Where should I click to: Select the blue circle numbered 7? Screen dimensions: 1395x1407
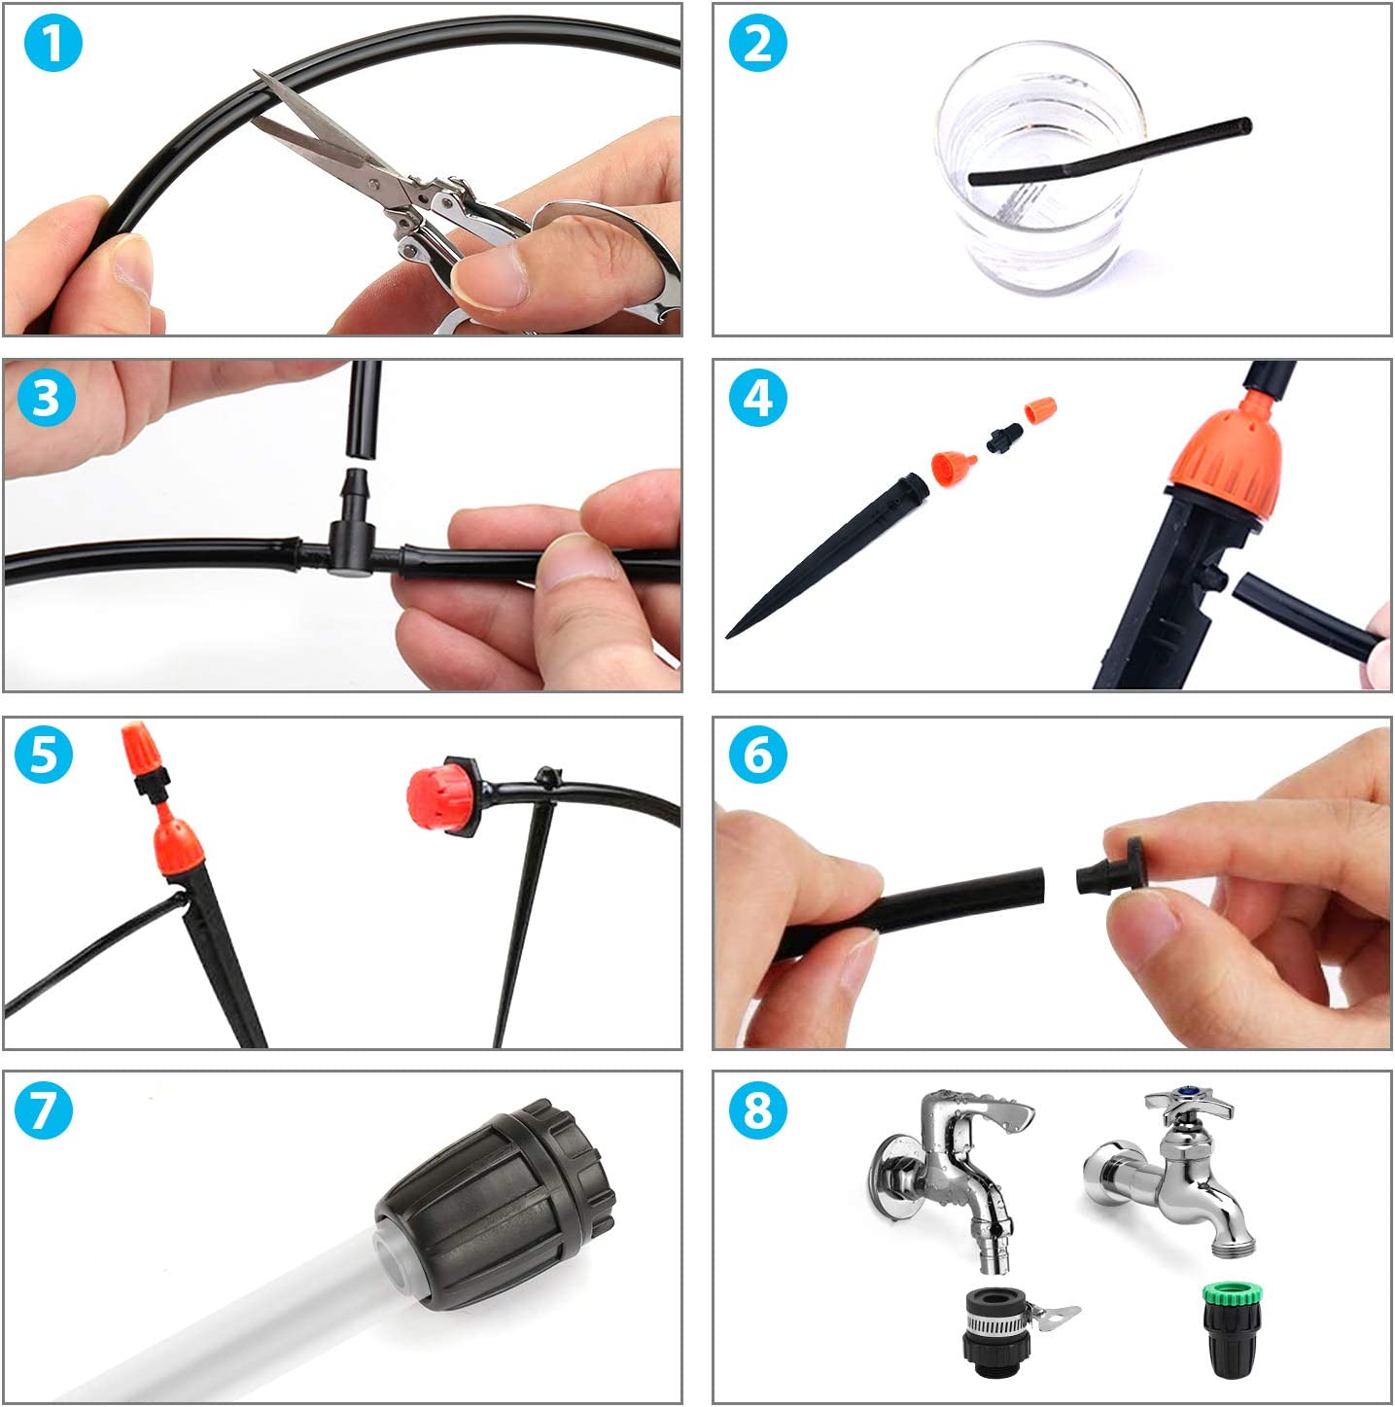(x=43, y=1109)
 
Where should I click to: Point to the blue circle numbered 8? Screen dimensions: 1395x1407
(x=757, y=1109)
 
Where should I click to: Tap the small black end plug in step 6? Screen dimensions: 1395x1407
(x=1111, y=867)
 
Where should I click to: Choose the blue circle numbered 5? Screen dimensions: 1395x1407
(x=43, y=754)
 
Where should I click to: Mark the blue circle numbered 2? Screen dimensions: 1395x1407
(x=757, y=43)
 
